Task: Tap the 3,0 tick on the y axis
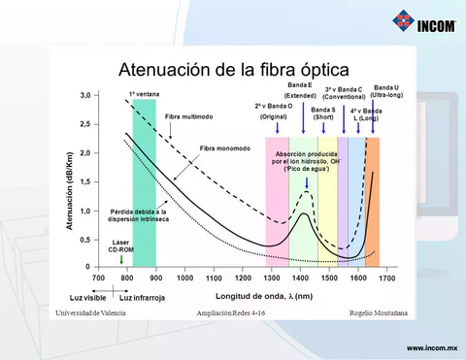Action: click(85, 96)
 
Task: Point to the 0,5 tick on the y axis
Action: click(85, 239)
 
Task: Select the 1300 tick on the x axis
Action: click(273, 278)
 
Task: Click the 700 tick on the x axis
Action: click(98, 278)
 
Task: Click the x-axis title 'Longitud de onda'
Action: click(264, 295)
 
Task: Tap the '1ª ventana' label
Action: click(144, 94)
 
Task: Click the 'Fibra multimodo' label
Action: click(187, 116)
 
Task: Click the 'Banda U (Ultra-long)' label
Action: click(385, 91)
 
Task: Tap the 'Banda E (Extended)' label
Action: click(300, 90)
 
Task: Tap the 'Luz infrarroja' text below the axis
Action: click(142, 297)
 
